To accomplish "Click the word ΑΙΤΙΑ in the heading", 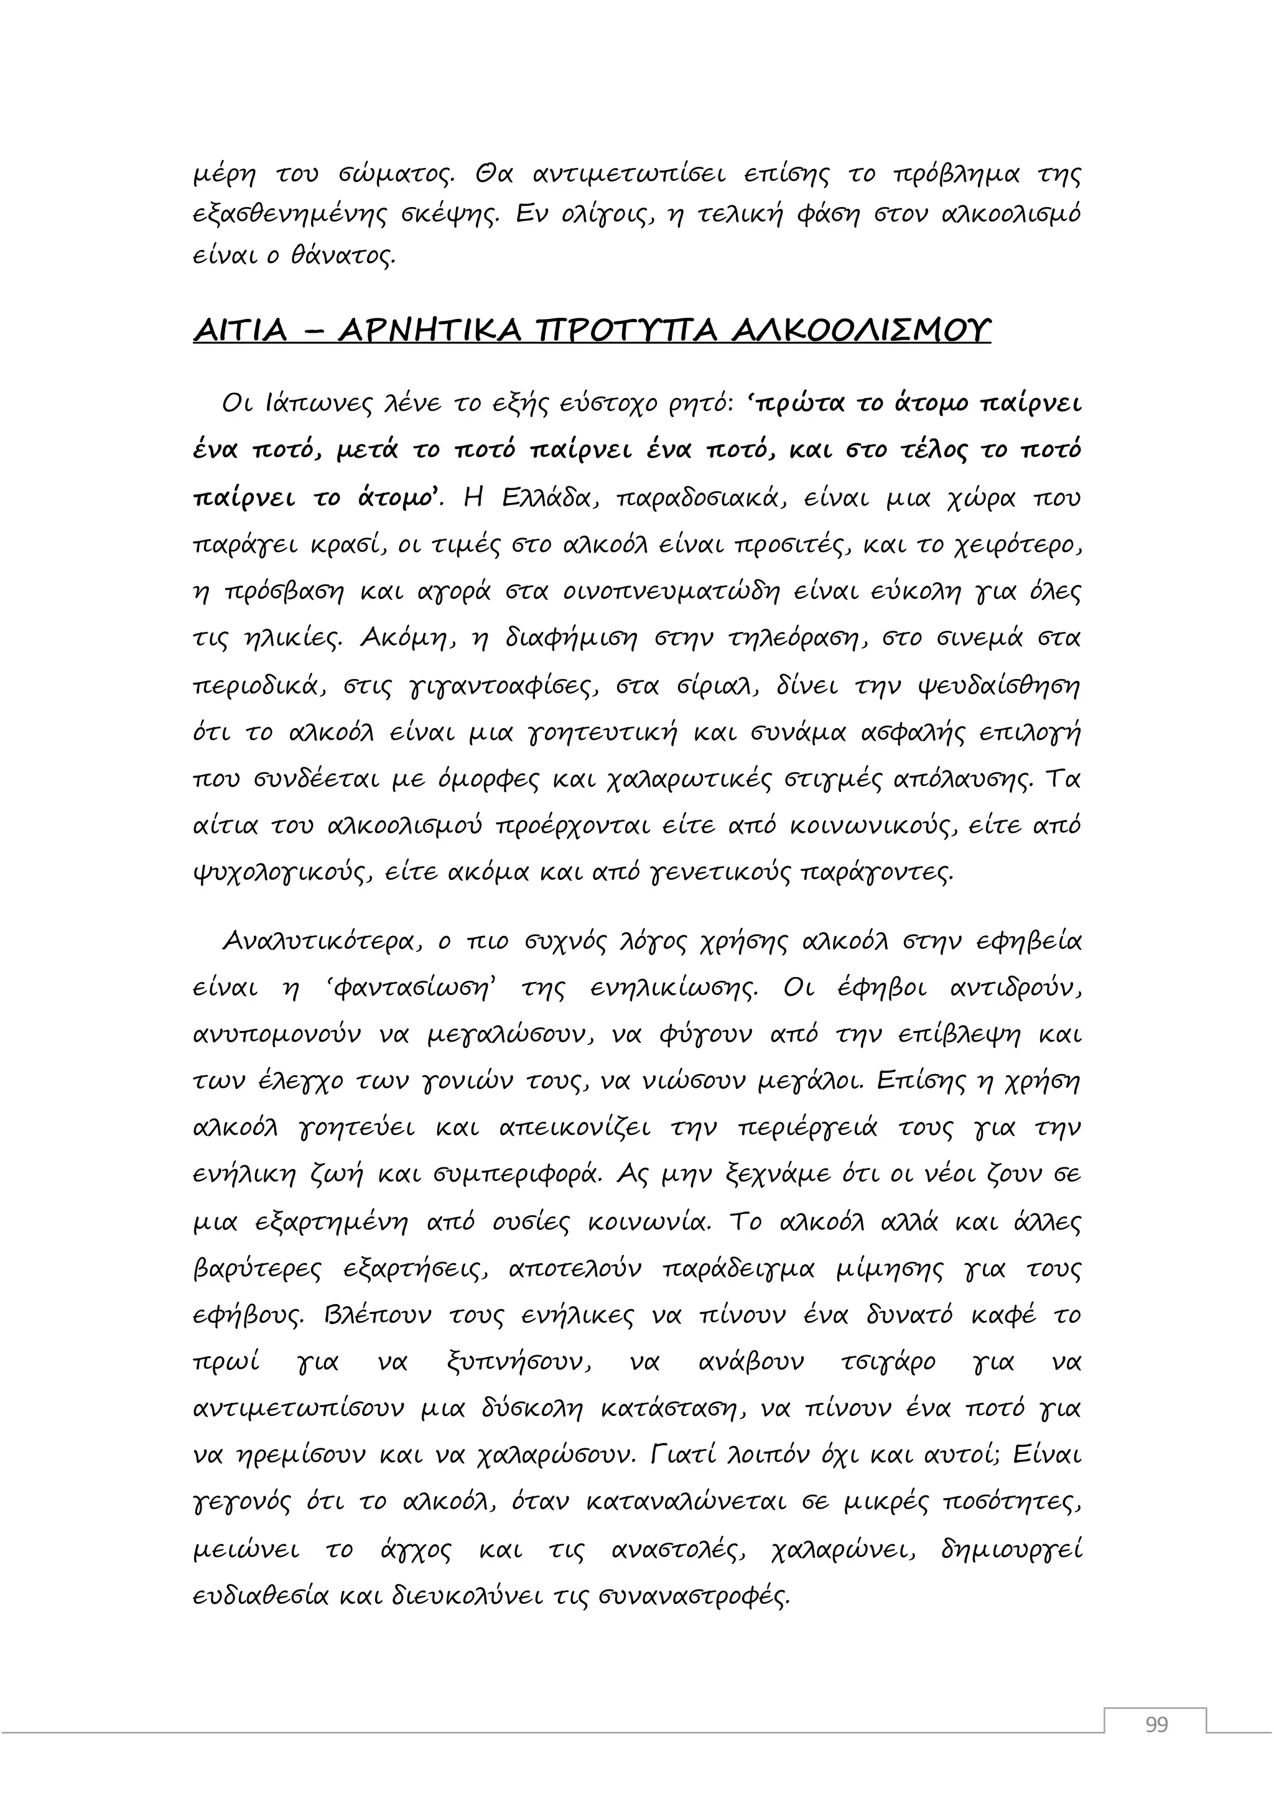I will (x=241, y=331).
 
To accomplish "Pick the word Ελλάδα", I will (x=546, y=499).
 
